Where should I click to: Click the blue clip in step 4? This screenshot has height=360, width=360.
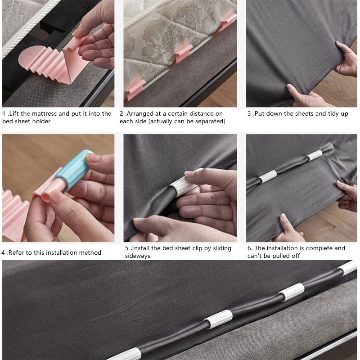point(74,170)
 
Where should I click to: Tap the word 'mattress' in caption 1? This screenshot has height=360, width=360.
point(44,114)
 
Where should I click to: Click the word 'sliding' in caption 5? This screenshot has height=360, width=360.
point(222,248)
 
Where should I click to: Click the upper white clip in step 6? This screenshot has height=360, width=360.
point(315,155)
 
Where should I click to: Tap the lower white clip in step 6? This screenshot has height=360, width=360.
point(268,176)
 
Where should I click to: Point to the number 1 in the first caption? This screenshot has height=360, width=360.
point(4,114)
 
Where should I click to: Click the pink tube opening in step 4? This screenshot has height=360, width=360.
point(45,198)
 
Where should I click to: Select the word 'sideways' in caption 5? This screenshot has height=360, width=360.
point(138,256)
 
